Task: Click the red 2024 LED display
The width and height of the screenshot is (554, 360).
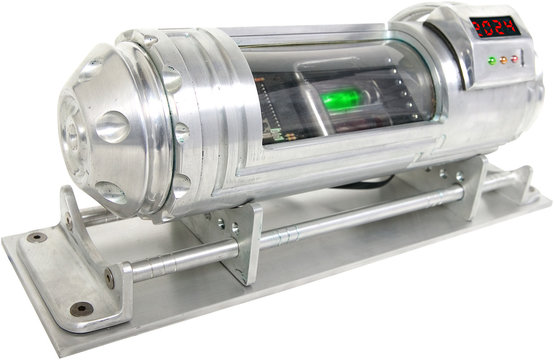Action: pyautogui.click(x=495, y=26)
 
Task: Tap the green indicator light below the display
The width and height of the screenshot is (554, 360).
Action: pyautogui.click(x=490, y=60)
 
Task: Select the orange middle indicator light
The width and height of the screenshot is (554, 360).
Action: pyautogui.click(x=503, y=59)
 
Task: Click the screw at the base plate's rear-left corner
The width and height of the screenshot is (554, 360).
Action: pyautogui.click(x=38, y=238)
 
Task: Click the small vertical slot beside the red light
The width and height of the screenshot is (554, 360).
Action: pyautogui.click(x=527, y=59)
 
